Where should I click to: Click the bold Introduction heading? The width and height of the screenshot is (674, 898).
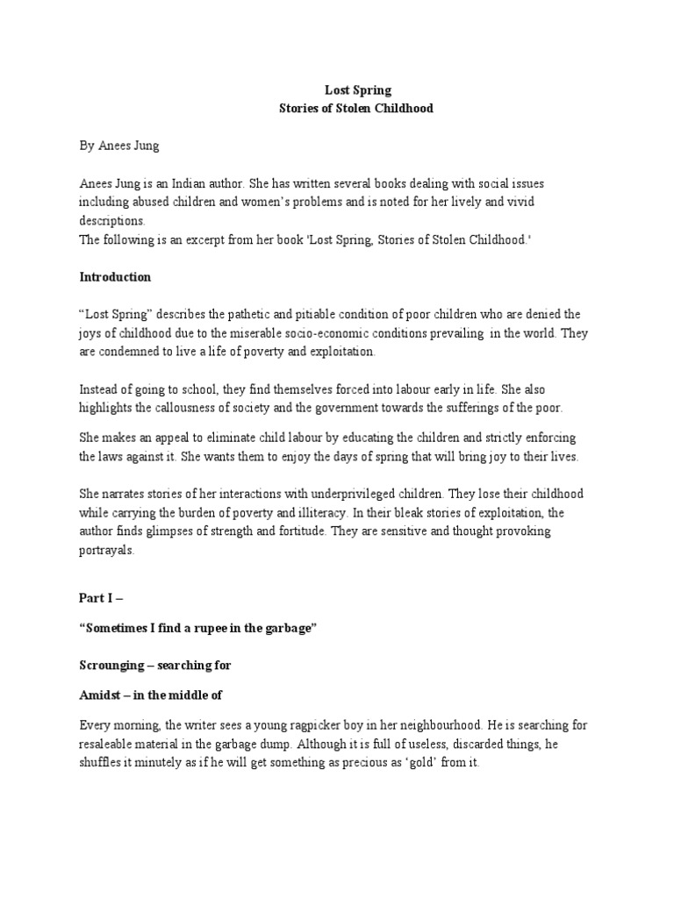coord(115,277)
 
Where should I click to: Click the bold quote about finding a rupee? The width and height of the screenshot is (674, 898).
coord(197,631)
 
